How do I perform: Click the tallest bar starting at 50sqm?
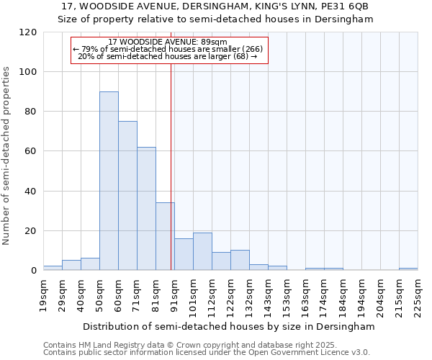[109, 181]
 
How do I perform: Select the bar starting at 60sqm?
[127, 196]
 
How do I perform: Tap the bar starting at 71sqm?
[146, 209]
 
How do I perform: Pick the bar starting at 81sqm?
[165, 236]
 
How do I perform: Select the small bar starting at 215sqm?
[408, 269]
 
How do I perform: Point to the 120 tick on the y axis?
[30, 32]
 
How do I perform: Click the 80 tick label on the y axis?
[30, 112]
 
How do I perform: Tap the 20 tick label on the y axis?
[30, 231]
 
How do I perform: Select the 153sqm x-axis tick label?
[287, 294]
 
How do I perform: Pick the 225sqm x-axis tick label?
[418, 294]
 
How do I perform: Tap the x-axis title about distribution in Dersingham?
[229, 326]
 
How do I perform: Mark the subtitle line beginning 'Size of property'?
[216, 19]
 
